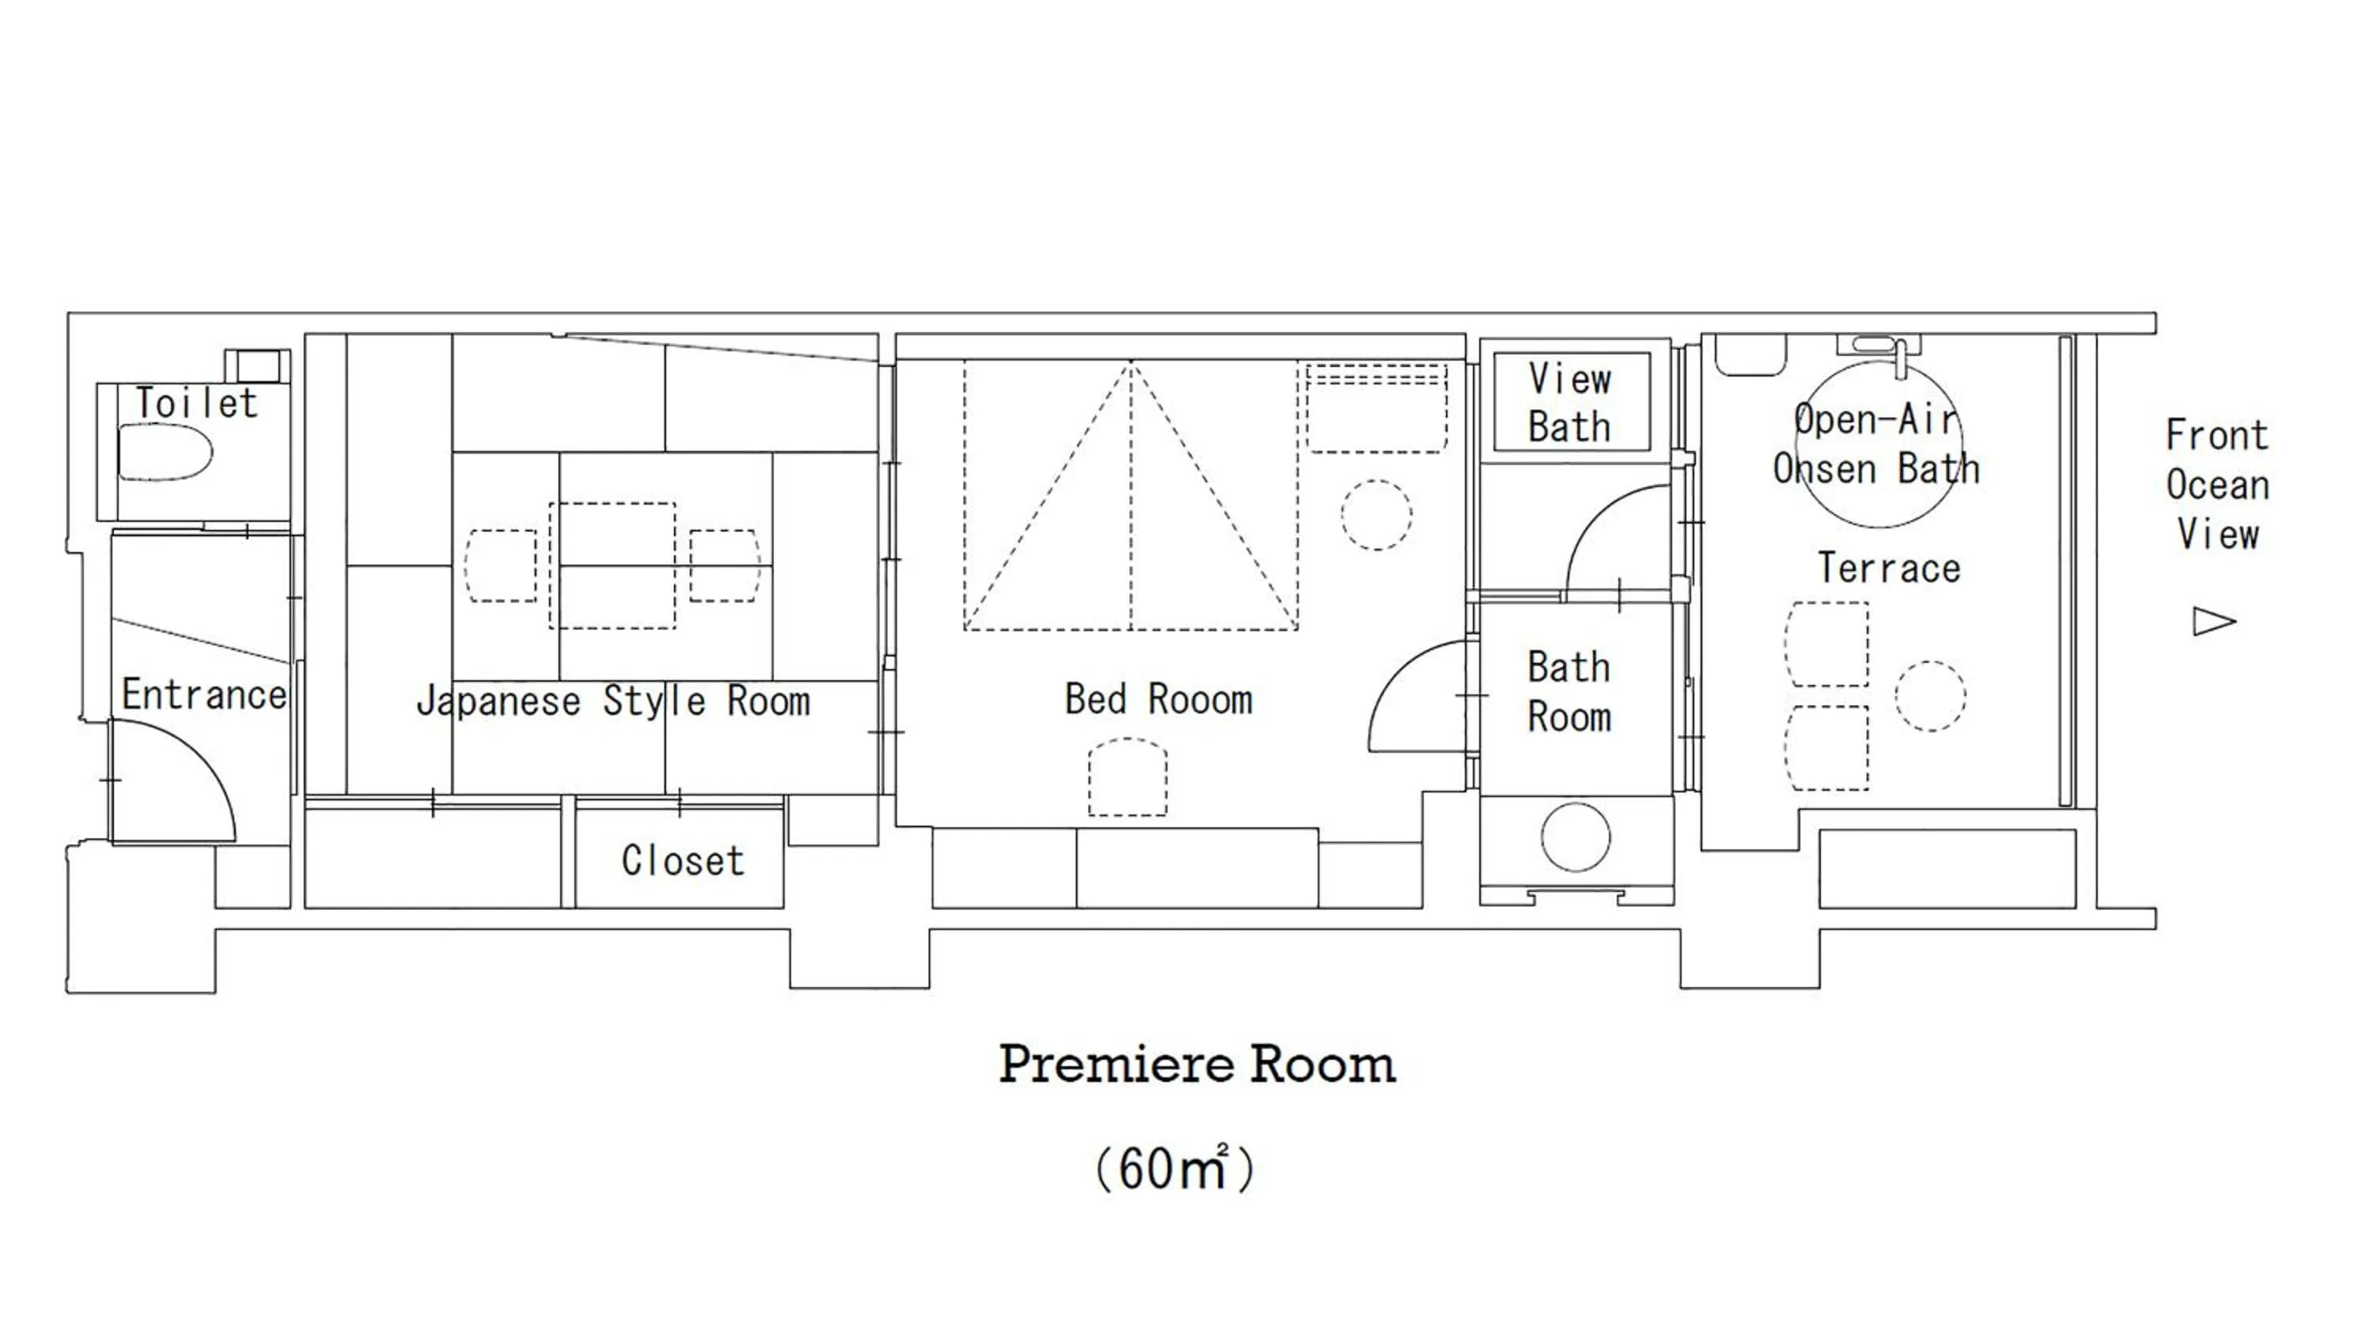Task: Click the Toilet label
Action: (x=196, y=403)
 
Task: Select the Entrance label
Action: (x=203, y=694)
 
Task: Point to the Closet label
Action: (x=683, y=860)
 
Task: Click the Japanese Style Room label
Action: (x=614, y=702)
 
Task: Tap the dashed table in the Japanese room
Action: (x=612, y=565)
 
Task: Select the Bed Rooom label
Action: (x=1159, y=699)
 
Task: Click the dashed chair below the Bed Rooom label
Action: (x=1127, y=777)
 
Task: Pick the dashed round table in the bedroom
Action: (x=1376, y=515)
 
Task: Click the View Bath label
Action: (x=1569, y=403)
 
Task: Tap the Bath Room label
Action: (x=1569, y=692)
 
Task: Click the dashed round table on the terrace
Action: (x=1931, y=697)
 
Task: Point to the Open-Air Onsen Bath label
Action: (x=1877, y=444)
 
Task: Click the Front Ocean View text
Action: (x=2217, y=485)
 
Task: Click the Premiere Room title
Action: (x=1198, y=1065)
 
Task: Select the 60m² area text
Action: (x=1175, y=1168)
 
